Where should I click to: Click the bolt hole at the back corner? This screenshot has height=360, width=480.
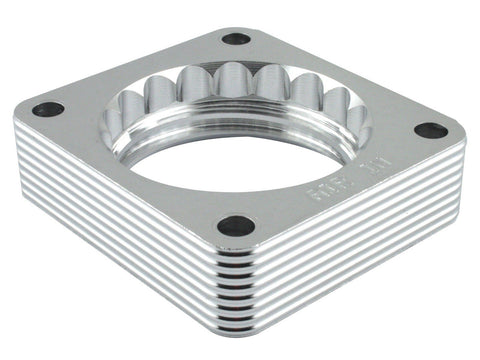[x=236, y=39]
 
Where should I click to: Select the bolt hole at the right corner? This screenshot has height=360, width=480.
[x=431, y=130]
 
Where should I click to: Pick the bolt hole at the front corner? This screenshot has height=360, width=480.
[x=236, y=226]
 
